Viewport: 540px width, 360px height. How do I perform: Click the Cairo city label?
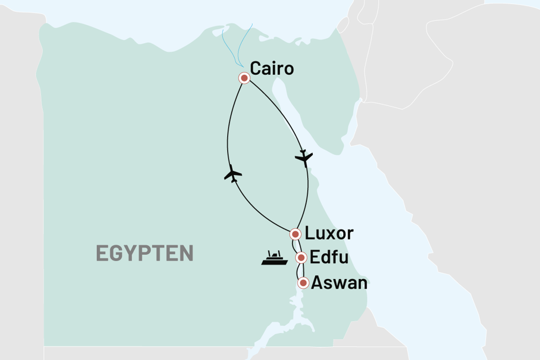click(x=272, y=69)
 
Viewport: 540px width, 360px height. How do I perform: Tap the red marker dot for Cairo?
click(x=244, y=78)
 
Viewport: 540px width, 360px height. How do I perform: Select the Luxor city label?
click(x=329, y=233)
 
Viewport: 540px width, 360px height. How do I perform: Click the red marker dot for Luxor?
click(x=295, y=233)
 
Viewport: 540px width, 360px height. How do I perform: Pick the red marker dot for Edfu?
click(x=301, y=258)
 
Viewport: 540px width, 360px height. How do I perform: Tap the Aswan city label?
click(x=340, y=282)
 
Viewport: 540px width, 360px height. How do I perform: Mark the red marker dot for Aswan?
click(x=304, y=283)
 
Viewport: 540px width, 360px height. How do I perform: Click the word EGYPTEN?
click(x=145, y=253)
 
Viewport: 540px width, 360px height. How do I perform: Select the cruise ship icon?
click(x=276, y=258)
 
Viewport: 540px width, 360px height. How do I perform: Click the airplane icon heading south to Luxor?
click(x=304, y=158)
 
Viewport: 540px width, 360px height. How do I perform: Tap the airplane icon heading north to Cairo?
click(x=232, y=174)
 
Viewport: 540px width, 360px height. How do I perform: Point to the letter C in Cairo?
click(x=256, y=69)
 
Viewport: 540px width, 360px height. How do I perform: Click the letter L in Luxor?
click(x=309, y=233)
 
